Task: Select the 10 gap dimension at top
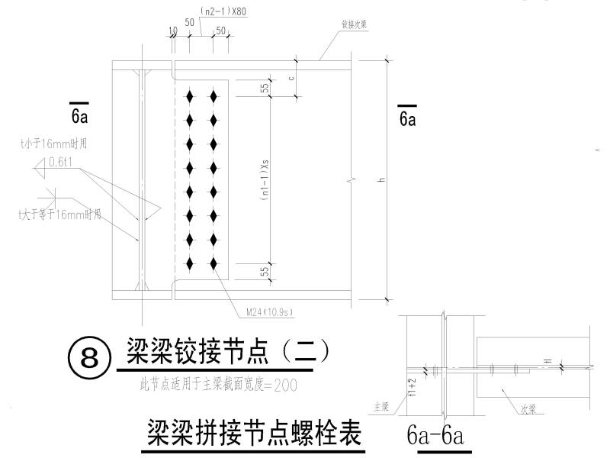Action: pyautogui.click(x=172, y=31)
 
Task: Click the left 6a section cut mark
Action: pyautogui.click(x=79, y=115)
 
